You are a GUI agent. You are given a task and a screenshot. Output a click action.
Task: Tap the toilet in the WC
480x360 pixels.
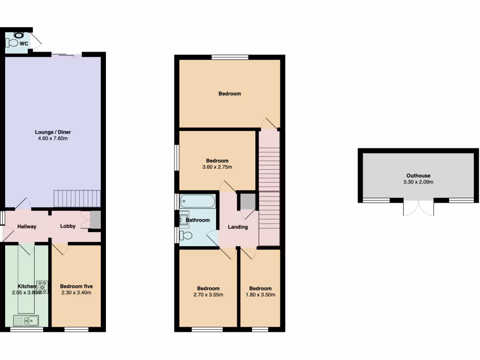pyautogui.click(x=12, y=43)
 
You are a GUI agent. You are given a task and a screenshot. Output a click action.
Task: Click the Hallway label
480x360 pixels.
pyautogui.click(x=27, y=227)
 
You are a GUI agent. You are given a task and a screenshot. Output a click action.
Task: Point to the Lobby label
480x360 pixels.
pyautogui.click(x=67, y=226)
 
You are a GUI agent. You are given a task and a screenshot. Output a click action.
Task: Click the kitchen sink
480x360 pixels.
pyautogui.click(x=26, y=321)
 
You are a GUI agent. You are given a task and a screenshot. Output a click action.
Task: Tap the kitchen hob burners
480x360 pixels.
pyautogui.click(x=43, y=287)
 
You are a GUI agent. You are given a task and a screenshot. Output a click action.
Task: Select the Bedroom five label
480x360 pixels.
pyautogui.click(x=76, y=286)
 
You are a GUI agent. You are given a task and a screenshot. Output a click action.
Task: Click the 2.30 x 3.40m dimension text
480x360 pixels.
pyautogui.click(x=76, y=293)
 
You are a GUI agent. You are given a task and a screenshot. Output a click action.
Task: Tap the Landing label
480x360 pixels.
pyautogui.click(x=238, y=227)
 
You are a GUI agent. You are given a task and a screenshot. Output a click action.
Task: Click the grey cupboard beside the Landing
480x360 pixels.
pyautogui.click(x=247, y=202)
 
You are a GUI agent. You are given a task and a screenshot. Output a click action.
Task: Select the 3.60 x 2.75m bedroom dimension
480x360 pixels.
pyautogui.click(x=217, y=167)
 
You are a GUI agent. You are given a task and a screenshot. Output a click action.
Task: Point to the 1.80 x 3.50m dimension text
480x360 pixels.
pyautogui.click(x=260, y=295)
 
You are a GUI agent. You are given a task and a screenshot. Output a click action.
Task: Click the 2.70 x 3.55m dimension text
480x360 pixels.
pyautogui.click(x=208, y=295)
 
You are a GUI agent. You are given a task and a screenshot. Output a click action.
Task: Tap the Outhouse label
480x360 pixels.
pyautogui.click(x=419, y=176)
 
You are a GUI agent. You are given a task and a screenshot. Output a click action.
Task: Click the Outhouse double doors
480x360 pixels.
pyautogui.click(x=419, y=207)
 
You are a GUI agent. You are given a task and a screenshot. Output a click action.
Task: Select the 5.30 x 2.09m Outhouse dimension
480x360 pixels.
pyautogui.click(x=419, y=182)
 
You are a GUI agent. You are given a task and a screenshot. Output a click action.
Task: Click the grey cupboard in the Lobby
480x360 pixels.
pyautogui.click(x=95, y=220)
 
